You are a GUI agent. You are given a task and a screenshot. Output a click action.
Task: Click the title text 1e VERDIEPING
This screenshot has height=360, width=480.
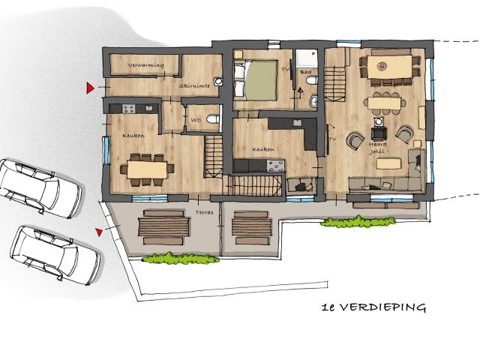(373, 307)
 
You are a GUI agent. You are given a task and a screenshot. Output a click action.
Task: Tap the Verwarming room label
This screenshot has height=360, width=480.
(145, 66)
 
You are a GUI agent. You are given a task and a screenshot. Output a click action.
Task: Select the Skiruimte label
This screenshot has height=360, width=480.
(194, 86)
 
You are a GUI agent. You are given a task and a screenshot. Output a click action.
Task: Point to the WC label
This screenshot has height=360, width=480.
(194, 119)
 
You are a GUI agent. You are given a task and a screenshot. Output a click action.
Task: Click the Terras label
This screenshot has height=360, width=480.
(204, 212)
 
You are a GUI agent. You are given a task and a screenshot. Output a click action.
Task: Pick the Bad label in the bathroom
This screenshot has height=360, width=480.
(306, 72)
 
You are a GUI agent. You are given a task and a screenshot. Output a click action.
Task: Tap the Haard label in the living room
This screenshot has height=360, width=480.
(377, 145)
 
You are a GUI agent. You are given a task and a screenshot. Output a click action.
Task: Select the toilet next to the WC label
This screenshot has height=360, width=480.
(212, 118)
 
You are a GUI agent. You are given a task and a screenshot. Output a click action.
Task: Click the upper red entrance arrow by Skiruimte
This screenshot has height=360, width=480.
(90, 88)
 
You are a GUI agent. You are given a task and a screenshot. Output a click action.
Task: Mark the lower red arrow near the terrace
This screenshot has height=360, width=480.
(98, 232)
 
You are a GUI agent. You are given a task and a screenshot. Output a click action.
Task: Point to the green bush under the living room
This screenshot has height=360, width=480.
(357, 222)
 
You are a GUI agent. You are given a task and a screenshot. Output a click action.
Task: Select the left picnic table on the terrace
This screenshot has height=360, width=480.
(162, 226)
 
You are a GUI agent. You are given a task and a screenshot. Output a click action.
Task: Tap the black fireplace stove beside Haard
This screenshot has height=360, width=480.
(375, 135)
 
